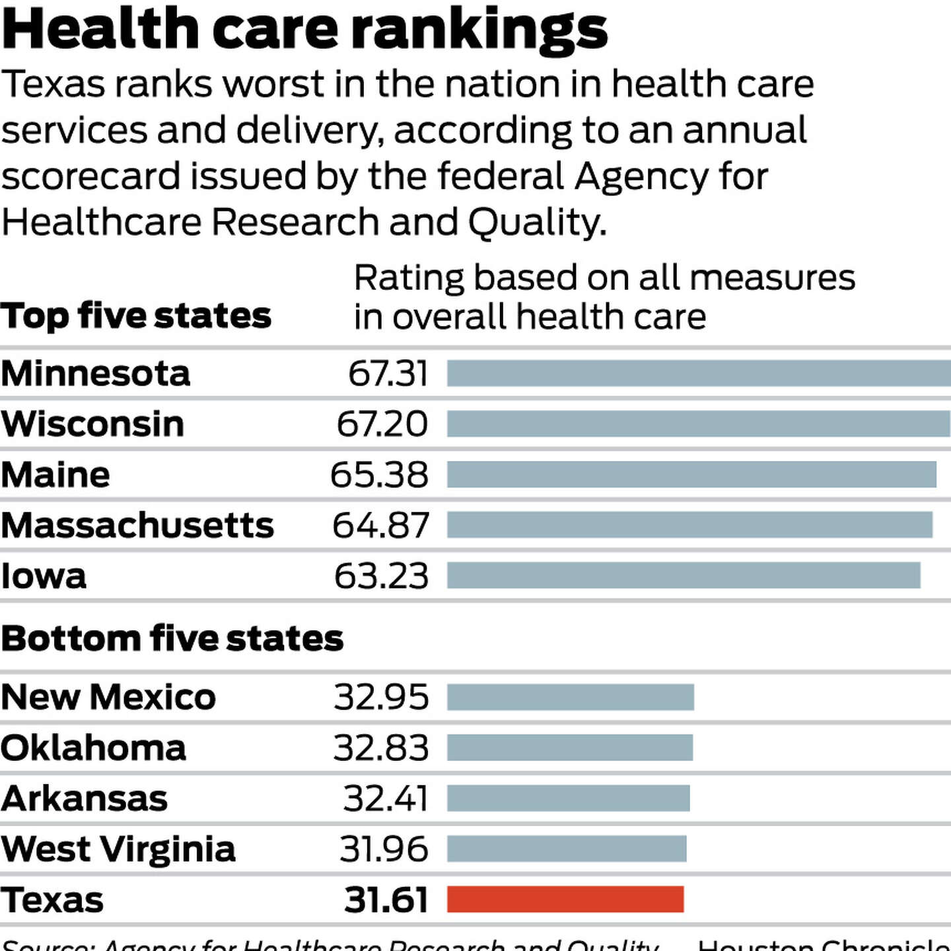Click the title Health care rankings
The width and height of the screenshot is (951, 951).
point(304,30)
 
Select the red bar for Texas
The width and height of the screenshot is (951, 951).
point(565,899)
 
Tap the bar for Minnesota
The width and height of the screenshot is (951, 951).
point(699,373)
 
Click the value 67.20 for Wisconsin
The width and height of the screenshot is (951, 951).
point(382,424)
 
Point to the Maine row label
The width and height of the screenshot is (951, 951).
point(55,475)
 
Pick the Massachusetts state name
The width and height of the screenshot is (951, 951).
point(137,526)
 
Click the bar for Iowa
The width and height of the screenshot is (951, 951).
point(684,575)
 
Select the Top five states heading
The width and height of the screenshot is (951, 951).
point(136,316)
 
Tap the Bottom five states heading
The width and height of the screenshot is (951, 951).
point(172,639)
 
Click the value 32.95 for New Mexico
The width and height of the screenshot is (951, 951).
point(381,697)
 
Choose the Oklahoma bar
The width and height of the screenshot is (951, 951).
point(570,748)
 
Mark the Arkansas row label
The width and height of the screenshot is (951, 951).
point(85,798)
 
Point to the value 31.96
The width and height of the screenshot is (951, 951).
point(384,849)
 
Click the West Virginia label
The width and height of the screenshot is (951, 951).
point(118,849)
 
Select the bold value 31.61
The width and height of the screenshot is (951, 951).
point(386,900)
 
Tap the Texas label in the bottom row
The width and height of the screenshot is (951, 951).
point(52,900)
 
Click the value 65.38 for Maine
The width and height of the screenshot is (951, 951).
point(379,475)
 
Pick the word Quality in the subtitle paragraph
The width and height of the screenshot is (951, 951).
point(536,222)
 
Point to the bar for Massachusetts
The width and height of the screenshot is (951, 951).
point(689,525)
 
